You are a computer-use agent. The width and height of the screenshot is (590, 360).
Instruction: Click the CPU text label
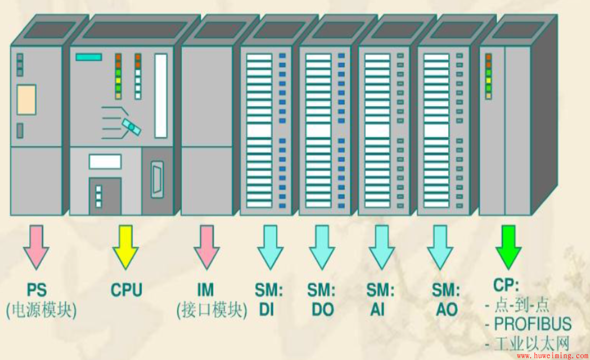click(126, 290)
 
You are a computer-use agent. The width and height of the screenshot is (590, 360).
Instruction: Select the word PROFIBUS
click(532, 324)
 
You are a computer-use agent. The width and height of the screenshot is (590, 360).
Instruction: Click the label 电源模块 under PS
click(42, 310)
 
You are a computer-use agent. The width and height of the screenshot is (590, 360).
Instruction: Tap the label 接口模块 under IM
click(212, 310)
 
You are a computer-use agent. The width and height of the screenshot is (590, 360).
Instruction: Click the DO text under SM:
click(322, 310)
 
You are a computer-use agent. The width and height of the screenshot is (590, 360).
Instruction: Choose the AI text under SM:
click(377, 310)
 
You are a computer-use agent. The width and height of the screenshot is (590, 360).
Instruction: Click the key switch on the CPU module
click(130, 126)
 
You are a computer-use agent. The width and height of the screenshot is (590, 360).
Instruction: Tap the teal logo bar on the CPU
click(88, 57)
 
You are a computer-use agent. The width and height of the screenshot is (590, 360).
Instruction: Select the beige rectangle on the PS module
click(26, 99)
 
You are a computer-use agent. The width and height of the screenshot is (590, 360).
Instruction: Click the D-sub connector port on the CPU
click(157, 180)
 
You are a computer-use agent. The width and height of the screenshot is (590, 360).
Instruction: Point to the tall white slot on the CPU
click(161, 95)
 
